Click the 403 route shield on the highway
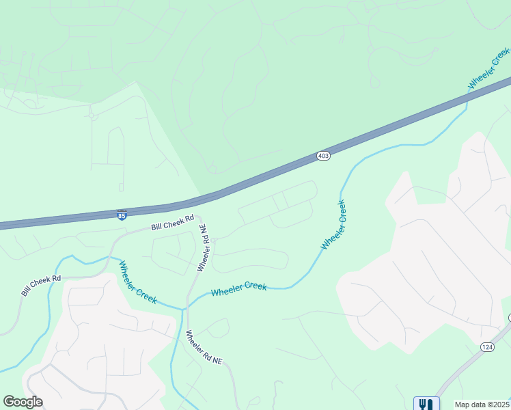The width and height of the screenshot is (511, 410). tap(324, 156)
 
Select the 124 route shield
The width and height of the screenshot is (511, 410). tap(486, 348)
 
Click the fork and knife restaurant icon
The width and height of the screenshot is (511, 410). tap(426, 404)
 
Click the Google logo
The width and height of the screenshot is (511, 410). tap(23, 402)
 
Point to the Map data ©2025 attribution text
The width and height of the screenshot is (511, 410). tap(482, 405)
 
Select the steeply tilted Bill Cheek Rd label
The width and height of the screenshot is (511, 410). tap(41, 285)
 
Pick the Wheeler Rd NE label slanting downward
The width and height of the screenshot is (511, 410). tap(204, 346)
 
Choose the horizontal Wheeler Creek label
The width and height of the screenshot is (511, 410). tap(238, 289)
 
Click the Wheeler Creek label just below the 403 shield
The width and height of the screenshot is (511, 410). tap(334, 224)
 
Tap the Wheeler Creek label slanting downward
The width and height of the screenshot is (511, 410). tap(138, 282)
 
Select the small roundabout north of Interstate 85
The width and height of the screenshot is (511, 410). tap(94, 116)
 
